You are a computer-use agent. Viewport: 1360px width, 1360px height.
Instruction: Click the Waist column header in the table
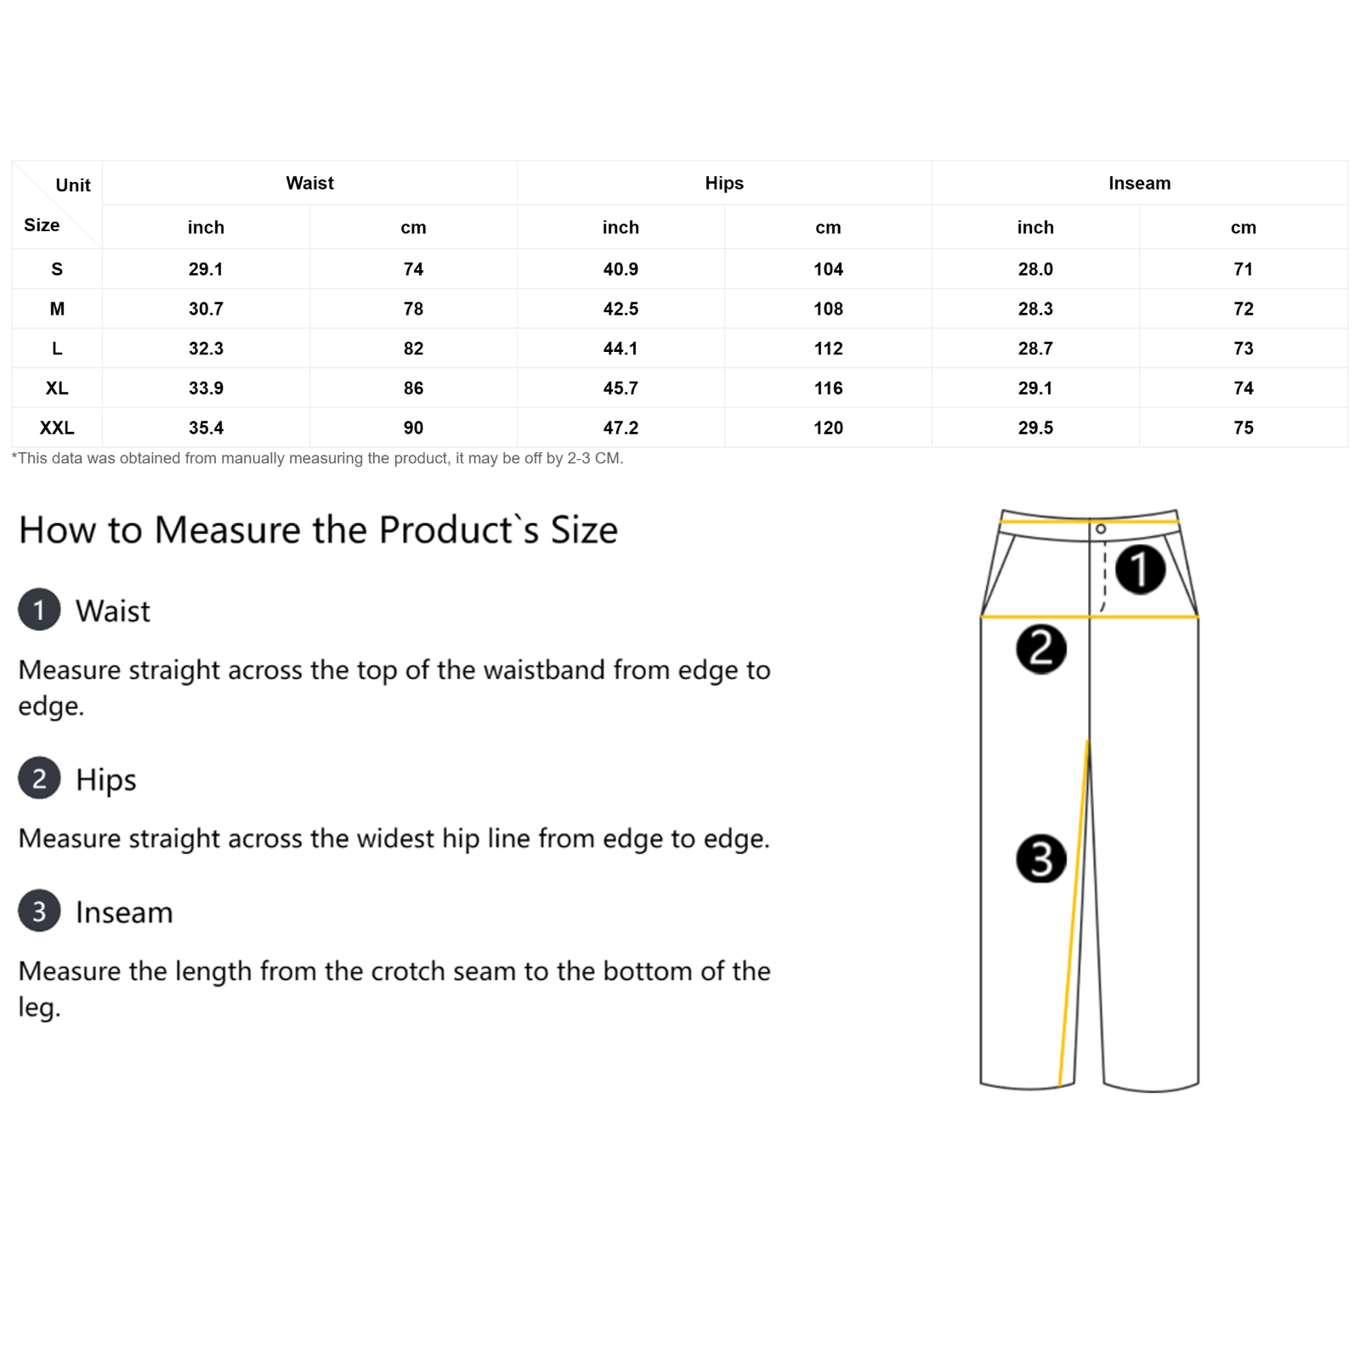(309, 183)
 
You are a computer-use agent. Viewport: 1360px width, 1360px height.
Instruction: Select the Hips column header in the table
(724, 183)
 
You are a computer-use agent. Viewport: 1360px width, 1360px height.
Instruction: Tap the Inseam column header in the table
(1139, 183)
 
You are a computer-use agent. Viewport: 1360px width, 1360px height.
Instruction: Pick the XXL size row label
(57, 428)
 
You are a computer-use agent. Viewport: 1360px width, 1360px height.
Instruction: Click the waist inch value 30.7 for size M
(206, 309)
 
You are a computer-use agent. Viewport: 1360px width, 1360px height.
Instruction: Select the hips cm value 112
(828, 348)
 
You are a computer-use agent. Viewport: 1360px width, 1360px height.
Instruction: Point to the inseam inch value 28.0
(1035, 269)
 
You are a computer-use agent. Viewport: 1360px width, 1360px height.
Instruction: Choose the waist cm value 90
(413, 428)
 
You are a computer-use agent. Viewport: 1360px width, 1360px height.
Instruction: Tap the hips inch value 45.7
(620, 388)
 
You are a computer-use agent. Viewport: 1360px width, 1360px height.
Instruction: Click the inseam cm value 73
(1244, 348)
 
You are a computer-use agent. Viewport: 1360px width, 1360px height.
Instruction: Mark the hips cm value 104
(828, 269)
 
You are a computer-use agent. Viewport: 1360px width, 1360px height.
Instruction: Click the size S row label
(57, 269)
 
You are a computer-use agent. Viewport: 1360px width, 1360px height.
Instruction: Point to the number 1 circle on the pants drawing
(1140, 569)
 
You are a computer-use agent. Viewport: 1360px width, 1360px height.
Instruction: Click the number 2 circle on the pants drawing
(1041, 649)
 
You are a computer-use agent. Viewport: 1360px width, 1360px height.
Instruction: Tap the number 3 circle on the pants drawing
(1041, 858)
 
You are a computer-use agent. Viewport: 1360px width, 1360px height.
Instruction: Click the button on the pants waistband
(1101, 529)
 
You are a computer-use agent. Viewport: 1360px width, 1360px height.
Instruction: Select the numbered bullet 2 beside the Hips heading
(39, 778)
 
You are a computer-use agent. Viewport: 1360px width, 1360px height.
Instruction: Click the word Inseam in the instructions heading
(124, 912)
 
